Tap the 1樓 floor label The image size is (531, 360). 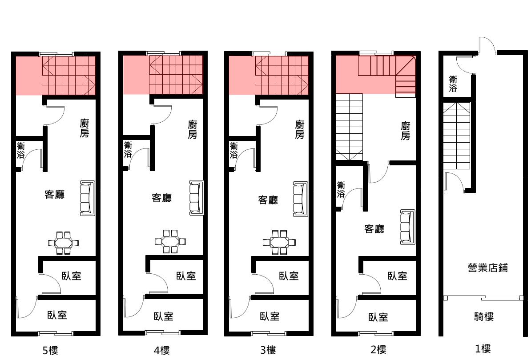(483, 348)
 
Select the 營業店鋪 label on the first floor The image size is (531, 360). (488, 268)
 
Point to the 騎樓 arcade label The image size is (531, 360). (484, 317)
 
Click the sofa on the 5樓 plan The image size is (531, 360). (87, 198)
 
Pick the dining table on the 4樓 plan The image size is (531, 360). (170, 242)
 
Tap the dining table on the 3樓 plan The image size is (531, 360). (279, 242)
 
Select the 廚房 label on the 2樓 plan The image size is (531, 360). (405, 131)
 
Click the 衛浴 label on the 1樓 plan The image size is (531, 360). (453, 84)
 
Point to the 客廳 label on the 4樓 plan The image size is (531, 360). (161, 198)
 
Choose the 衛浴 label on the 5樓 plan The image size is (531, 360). (21, 151)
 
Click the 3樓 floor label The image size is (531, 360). (268, 350)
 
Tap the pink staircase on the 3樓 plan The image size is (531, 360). (282, 75)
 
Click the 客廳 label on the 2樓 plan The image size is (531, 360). (374, 229)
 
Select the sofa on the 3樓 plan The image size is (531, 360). (301, 199)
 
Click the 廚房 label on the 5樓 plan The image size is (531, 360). (84, 128)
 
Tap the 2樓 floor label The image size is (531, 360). (378, 349)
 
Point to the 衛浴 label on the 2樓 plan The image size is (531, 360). (341, 189)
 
